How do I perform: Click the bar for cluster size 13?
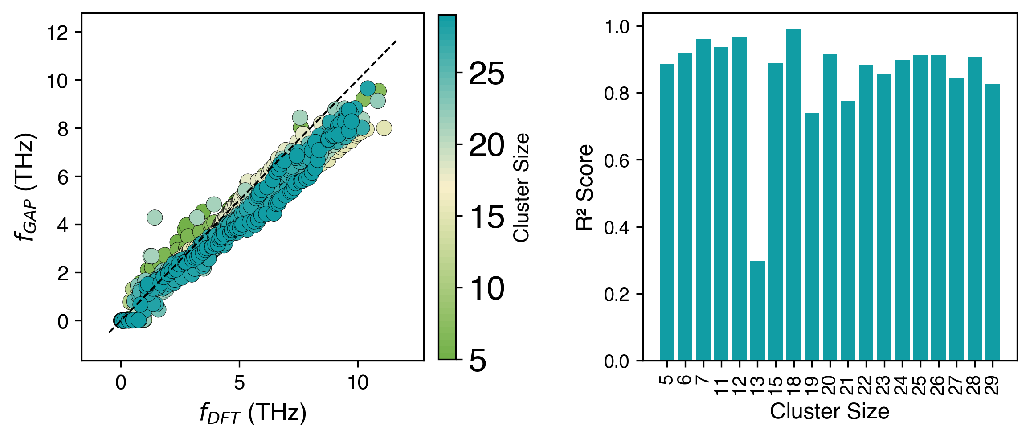(x=757, y=311)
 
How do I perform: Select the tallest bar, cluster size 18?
(x=793, y=195)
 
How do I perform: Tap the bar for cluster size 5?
(x=667, y=212)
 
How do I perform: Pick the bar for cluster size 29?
(x=993, y=222)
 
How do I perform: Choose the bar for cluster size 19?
(x=812, y=237)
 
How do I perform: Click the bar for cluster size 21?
(x=848, y=230)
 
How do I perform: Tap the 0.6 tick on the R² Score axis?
(x=617, y=160)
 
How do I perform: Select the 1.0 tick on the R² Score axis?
(x=617, y=27)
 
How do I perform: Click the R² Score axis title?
(x=584, y=187)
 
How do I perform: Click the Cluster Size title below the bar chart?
(x=830, y=411)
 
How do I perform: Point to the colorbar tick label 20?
(x=486, y=145)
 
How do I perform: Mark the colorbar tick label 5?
(x=478, y=360)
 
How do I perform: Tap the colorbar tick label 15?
(x=486, y=217)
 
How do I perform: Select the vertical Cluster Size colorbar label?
(x=521, y=187)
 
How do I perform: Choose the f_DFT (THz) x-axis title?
(x=253, y=413)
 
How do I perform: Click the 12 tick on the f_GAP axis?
(x=58, y=33)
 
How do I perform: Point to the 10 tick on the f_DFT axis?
(x=358, y=382)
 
